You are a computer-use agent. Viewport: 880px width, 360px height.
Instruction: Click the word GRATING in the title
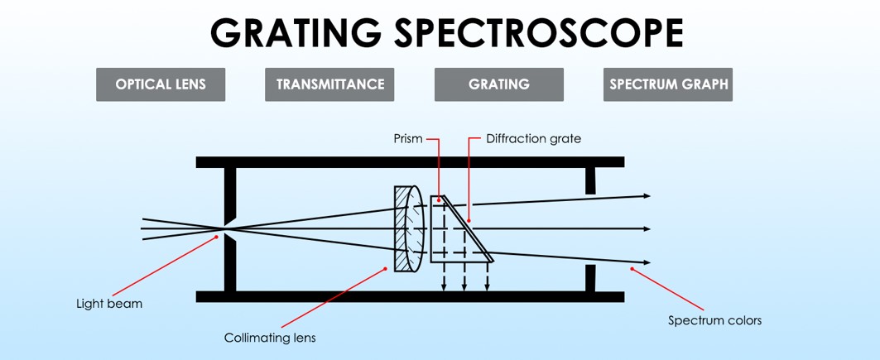click(296, 33)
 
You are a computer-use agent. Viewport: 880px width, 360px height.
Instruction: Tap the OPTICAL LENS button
click(161, 84)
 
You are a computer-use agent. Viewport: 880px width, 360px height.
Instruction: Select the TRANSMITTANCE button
click(329, 84)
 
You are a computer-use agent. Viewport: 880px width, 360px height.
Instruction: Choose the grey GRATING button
click(498, 84)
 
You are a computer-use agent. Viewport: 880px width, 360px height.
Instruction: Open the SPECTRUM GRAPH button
click(668, 84)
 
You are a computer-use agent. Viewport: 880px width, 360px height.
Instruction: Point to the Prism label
click(408, 139)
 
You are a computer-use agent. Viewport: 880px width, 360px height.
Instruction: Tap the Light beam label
click(109, 304)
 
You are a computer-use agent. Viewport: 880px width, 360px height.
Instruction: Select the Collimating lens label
click(270, 338)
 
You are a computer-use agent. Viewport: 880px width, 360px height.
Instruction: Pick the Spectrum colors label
click(714, 320)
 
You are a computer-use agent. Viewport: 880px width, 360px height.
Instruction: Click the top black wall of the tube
click(410, 161)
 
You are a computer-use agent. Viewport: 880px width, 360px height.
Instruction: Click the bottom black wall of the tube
click(410, 296)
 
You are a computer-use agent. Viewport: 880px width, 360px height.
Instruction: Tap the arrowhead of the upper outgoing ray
click(647, 195)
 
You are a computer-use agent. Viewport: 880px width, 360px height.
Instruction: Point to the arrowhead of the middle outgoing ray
click(647, 229)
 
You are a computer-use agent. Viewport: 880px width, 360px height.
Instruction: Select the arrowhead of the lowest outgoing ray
click(647, 263)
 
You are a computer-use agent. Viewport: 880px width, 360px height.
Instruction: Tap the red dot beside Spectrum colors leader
click(632, 268)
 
